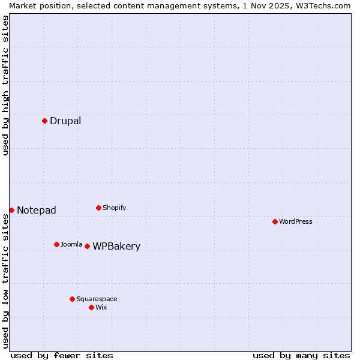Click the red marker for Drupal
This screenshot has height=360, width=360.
click(44, 121)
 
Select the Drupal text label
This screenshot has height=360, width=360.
click(65, 121)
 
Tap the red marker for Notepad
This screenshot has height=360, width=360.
click(11, 210)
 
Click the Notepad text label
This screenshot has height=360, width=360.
click(37, 210)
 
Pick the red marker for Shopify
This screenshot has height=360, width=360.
click(98, 208)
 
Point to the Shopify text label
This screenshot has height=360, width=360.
click(114, 208)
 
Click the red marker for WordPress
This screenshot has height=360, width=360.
click(275, 221)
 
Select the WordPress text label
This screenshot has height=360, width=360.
click(295, 221)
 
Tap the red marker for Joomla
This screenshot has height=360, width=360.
click(56, 244)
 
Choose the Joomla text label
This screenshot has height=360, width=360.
click(71, 244)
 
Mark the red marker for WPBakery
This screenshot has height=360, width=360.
click(87, 246)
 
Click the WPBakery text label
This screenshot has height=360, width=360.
click(116, 246)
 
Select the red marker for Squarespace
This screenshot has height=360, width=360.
click(72, 299)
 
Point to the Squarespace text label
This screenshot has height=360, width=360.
click(97, 299)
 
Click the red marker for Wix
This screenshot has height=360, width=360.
click(91, 307)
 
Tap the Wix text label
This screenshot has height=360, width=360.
click(101, 307)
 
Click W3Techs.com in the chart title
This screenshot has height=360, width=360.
click(322, 5)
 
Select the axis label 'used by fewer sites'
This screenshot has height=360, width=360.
click(62, 355)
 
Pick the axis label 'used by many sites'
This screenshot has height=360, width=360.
click(301, 355)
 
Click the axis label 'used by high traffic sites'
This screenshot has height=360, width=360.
click(5, 86)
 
